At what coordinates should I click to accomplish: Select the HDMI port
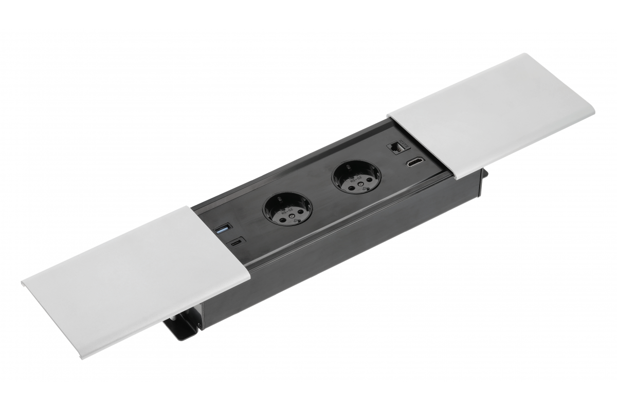[414, 164]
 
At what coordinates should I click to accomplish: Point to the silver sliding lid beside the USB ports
[134, 277]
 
